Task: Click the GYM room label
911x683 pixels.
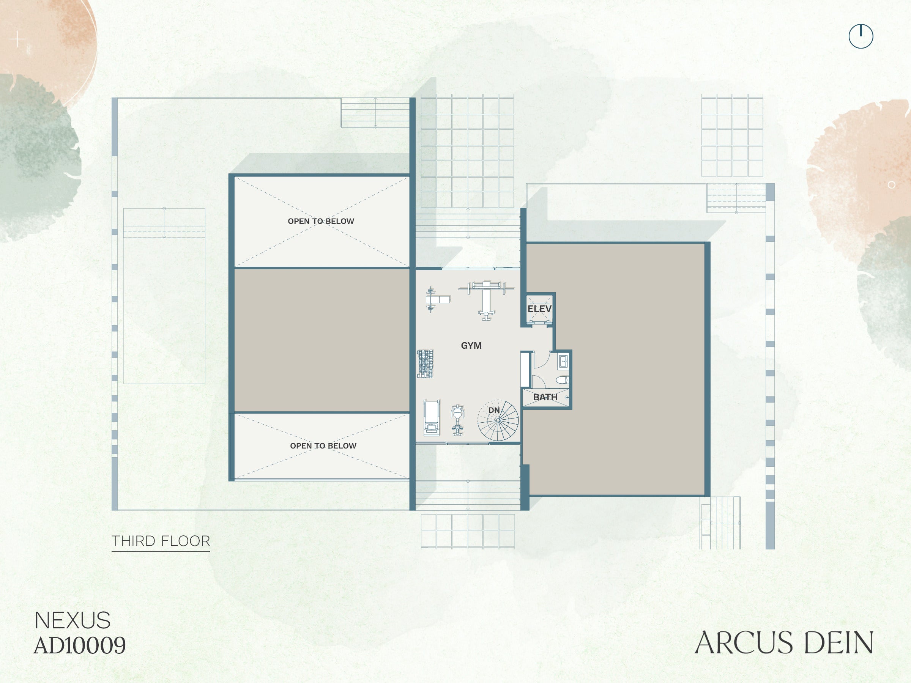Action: (x=471, y=345)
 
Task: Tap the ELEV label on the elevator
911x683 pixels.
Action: (x=539, y=309)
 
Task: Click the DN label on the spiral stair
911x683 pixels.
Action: (x=494, y=410)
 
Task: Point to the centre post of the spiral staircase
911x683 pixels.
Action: (x=498, y=420)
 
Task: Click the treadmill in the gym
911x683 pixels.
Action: (x=432, y=417)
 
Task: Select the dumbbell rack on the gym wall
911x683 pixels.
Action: (x=425, y=364)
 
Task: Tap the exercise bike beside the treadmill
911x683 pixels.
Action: (x=457, y=420)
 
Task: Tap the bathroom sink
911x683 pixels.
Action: (x=564, y=362)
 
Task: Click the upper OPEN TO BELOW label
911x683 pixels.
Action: (x=321, y=221)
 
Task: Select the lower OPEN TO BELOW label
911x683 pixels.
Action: (x=323, y=446)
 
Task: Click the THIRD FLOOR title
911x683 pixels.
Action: (x=161, y=541)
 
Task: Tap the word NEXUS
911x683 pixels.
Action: (x=73, y=620)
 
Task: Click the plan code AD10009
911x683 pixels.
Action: (x=79, y=645)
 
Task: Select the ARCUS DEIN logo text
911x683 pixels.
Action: (x=784, y=643)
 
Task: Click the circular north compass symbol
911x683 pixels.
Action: (x=861, y=36)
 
